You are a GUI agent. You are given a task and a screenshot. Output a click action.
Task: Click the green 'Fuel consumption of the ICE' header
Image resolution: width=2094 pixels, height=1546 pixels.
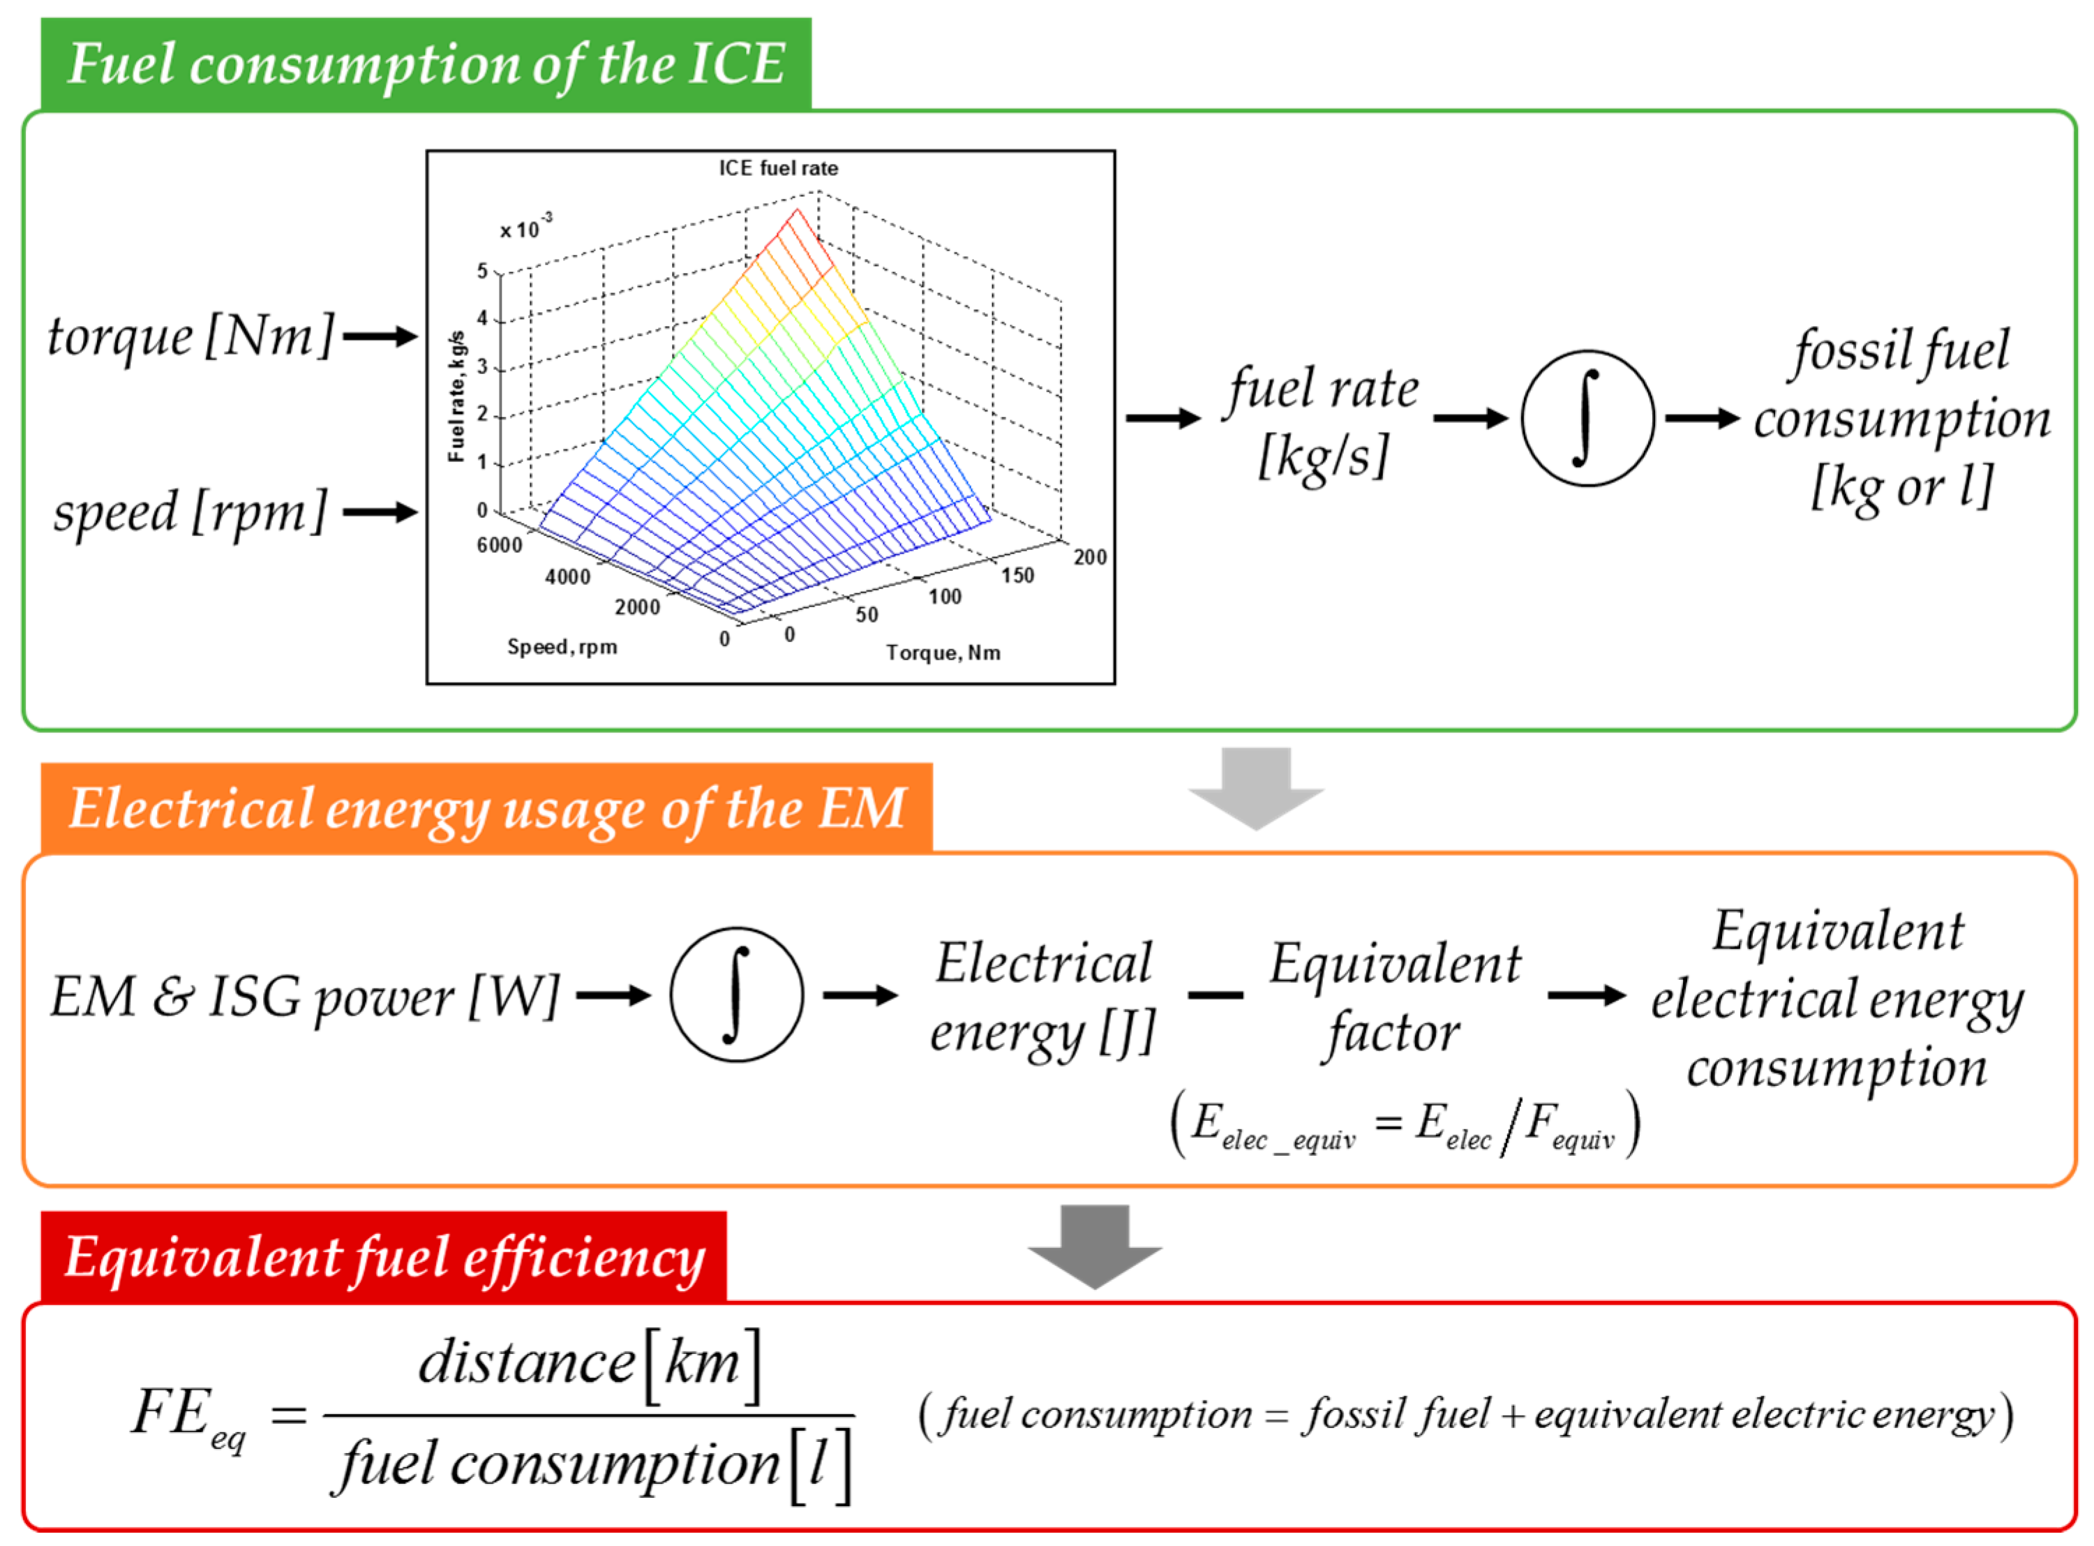click(426, 64)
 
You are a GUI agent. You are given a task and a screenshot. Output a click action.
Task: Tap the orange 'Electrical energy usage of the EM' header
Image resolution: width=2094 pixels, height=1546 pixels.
click(486, 808)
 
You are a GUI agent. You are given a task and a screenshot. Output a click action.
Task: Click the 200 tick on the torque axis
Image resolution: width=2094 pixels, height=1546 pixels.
click(1089, 558)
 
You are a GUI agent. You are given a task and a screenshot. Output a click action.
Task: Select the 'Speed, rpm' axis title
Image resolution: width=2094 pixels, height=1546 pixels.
click(562, 646)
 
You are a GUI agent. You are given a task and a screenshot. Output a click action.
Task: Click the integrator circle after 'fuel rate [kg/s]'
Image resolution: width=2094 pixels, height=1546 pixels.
click(1587, 418)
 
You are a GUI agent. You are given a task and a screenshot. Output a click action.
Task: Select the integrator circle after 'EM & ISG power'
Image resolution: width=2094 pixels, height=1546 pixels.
click(736, 995)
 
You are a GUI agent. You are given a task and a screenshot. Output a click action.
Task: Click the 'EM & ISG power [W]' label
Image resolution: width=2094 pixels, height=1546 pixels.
click(305, 997)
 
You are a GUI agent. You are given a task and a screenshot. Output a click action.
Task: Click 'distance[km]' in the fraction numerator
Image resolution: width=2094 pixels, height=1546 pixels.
click(590, 1362)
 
